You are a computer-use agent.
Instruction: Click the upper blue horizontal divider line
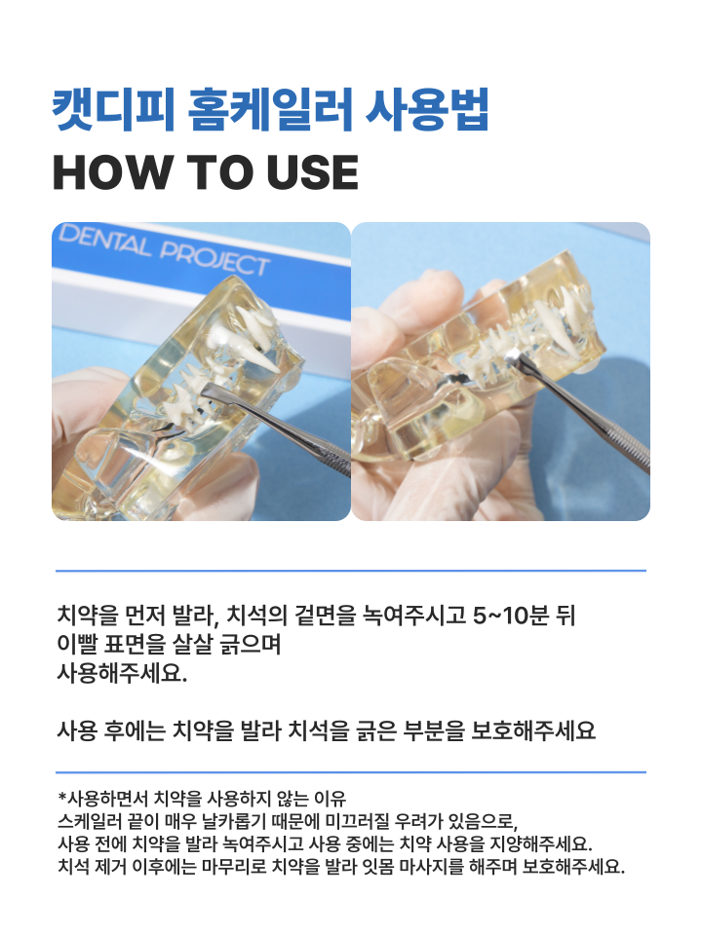[351, 571]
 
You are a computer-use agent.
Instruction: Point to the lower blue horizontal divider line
[351, 772]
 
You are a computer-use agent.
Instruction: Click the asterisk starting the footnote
[62, 796]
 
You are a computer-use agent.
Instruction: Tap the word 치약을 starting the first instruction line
[90, 616]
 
